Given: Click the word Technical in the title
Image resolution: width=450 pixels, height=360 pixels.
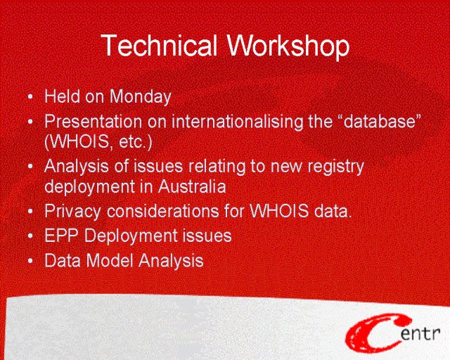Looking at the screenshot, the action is pyautogui.click(x=160, y=45).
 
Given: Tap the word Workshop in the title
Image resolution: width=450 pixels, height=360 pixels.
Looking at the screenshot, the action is pyautogui.click(x=288, y=46).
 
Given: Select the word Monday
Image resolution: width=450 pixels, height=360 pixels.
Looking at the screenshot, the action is pyautogui.click(x=141, y=97).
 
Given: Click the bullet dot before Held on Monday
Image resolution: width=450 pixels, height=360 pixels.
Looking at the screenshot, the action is pyautogui.click(x=30, y=97).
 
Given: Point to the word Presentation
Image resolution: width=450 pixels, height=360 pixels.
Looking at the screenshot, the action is pyautogui.click(x=94, y=122).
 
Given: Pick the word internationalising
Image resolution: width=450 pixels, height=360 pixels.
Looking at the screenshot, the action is pyautogui.click(x=238, y=122).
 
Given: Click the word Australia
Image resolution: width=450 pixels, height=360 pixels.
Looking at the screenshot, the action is pyautogui.click(x=192, y=186).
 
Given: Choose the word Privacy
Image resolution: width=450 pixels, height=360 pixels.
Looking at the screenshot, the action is pyautogui.click(x=72, y=212).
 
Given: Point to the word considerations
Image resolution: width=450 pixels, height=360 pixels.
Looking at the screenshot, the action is pyautogui.click(x=163, y=212).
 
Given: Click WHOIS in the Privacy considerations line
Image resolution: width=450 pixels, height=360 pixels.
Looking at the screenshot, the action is pyautogui.click(x=279, y=211).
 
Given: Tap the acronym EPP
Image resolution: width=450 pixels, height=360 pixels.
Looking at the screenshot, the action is pyautogui.click(x=61, y=236).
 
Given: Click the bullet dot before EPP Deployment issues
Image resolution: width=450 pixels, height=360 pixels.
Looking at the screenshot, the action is pyautogui.click(x=30, y=236).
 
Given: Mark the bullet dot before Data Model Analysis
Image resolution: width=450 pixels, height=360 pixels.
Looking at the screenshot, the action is pyautogui.click(x=30, y=261).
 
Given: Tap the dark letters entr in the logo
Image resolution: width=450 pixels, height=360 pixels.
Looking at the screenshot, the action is pyautogui.click(x=420, y=333).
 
